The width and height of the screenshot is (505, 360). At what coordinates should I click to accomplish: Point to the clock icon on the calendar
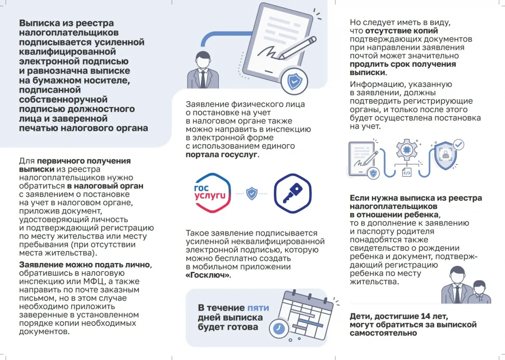278,327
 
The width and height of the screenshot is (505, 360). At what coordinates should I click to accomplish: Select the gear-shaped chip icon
406,150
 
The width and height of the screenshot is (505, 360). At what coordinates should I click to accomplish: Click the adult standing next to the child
456,284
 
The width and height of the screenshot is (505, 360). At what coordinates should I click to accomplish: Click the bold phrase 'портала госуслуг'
222,154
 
